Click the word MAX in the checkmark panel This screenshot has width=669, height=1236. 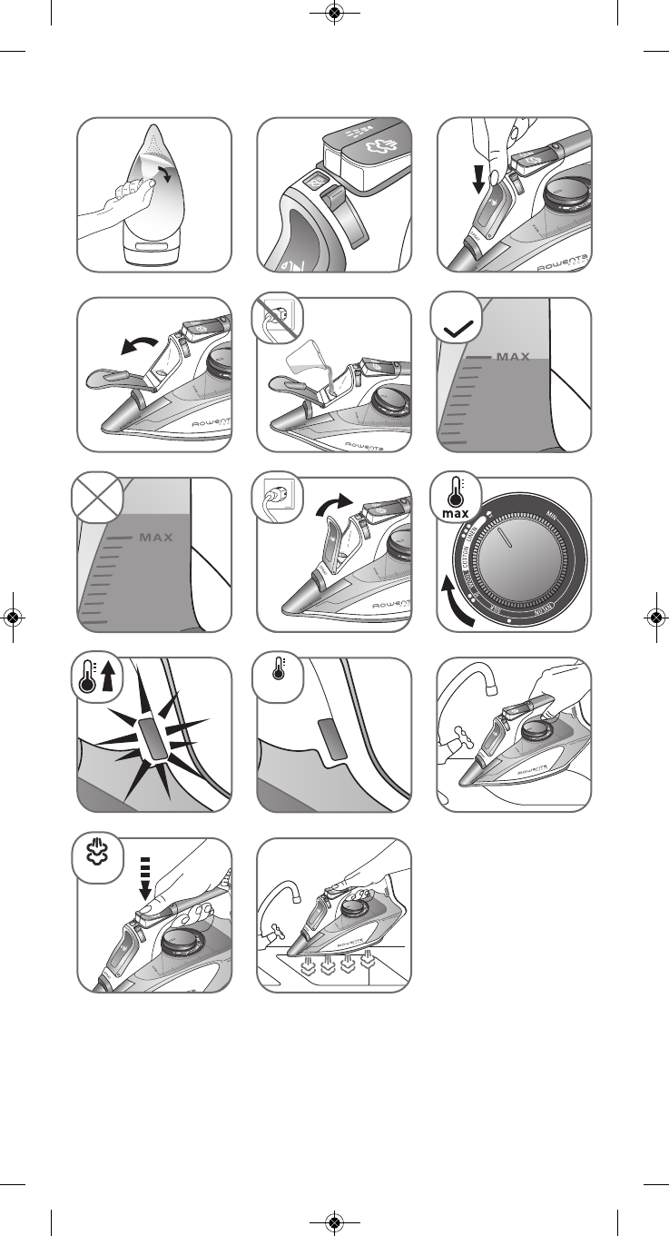pos(513,357)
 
